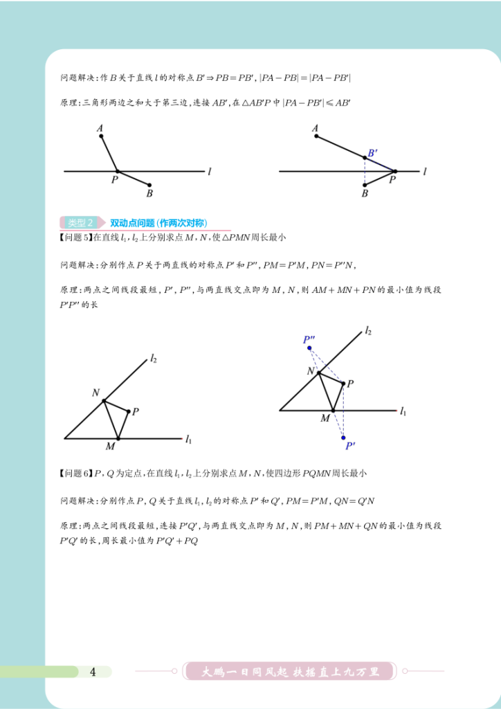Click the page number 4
[x=93, y=671]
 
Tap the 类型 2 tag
[x=82, y=223]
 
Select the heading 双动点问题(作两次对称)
[x=158, y=223]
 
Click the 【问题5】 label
[x=75, y=237]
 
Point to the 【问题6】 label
[x=75, y=474]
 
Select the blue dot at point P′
[x=343, y=438]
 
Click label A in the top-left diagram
[x=100, y=127]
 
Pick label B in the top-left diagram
[x=149, y=194]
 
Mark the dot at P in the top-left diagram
[x=117, y=170]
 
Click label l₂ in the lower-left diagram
[x=154, y=359]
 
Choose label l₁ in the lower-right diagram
[x=402, y=411]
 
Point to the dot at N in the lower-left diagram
[x=104, y=400]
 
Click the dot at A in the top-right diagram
[x=316, y=136]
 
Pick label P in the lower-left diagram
[x=136, y=411]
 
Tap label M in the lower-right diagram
[x=325, y=418]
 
